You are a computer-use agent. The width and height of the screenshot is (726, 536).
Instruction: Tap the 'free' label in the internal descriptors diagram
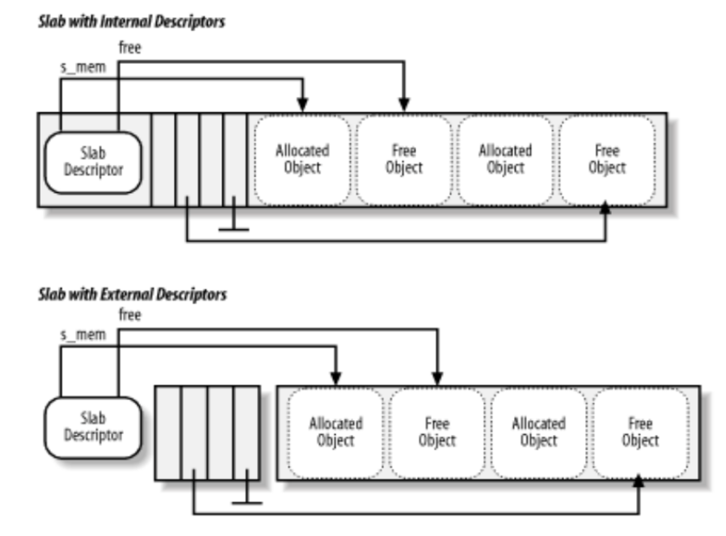(x=129, y=48)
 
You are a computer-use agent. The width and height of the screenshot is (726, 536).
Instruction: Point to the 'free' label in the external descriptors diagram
(x=129, y=315)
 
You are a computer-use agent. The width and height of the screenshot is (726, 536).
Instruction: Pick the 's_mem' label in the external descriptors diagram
(x=82, y=334)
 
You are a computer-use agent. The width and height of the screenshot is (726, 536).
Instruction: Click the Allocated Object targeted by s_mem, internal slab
(x=302, y=159)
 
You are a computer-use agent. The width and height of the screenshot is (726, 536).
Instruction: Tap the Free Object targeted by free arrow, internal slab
(x=404, y=159)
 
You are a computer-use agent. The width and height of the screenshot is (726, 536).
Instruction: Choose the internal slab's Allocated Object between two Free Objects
(x=506, y=159)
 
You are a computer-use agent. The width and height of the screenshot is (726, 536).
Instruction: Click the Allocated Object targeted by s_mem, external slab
(x=335, y=432)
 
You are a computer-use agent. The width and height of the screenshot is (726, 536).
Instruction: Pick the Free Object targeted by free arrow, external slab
(x=437, y=432)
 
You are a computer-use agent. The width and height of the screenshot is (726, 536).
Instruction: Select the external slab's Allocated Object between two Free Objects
(x=538, y=432)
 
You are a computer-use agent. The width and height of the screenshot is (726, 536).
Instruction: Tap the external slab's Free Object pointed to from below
(x=640, y=432)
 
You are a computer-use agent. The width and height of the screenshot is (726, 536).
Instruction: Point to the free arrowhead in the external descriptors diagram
(x=437, y=379)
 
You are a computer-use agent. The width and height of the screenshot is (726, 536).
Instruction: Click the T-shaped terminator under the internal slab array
(x=235, y=228)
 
